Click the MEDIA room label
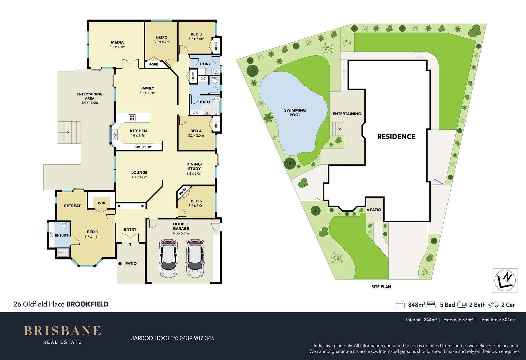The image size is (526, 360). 117,42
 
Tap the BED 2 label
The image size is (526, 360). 162,37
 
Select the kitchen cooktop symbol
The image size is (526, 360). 132,117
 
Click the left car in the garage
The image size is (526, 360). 169,258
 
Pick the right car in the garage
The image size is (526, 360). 195,258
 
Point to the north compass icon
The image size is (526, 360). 505,280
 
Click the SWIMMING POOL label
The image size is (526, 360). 295,112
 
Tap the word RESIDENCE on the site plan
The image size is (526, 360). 396,137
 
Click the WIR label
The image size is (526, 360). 101,203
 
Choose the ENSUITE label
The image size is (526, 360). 62,235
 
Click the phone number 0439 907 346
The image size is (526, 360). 197,338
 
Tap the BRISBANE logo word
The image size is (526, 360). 62,331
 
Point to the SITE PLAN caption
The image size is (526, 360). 381,287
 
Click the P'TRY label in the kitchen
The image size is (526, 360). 147,147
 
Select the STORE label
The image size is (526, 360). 193,76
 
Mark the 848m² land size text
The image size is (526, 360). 416,305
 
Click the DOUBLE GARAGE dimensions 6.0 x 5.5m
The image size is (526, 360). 181,233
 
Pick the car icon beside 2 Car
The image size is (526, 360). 493,305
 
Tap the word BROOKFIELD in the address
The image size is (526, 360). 87,304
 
